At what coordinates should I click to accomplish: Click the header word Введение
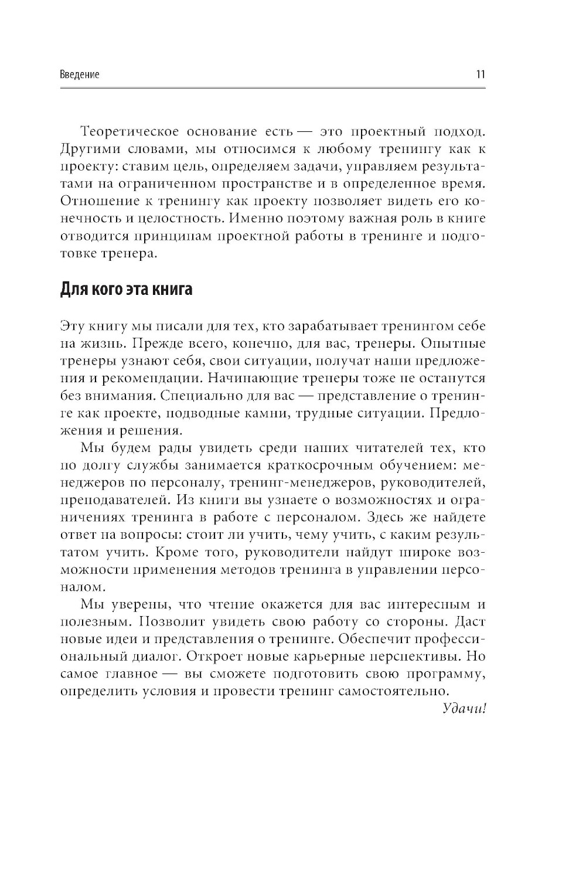click(x=80, y=74)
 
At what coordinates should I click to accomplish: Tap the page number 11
click(x=480, y=74)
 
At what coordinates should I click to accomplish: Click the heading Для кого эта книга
click(x=126, y=290)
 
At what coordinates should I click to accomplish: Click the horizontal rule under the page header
click(x=273, y=89)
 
